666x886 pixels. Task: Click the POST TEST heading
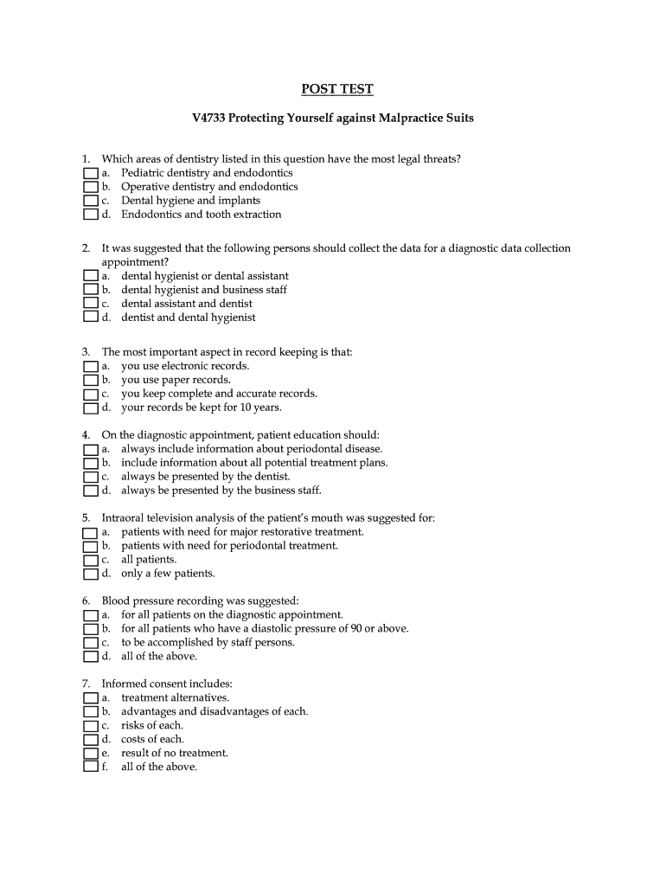tap(336, 89)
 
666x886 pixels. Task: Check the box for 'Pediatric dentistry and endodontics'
tap(90, 173)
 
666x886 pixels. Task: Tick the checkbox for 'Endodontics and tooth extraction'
tap(90, 215)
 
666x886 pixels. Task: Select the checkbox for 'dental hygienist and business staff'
tap(90, 290)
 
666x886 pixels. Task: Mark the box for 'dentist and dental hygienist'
tap(90, 318)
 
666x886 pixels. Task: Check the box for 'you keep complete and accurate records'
tap(90, 394)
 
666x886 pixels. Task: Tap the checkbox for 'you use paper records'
tap(90, 380)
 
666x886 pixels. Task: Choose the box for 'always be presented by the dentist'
tap(90, 477)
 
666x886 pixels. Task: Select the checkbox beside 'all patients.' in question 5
tap(90, 560)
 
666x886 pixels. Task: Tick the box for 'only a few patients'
tap(90, 574)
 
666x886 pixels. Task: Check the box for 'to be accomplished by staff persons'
tap(90, 643)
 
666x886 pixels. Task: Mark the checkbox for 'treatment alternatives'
tap(90, 697)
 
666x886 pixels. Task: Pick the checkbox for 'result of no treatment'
tap(90, 753)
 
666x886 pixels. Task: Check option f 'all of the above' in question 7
tap(90, 767)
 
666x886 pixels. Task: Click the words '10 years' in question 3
tap(261, 408)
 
